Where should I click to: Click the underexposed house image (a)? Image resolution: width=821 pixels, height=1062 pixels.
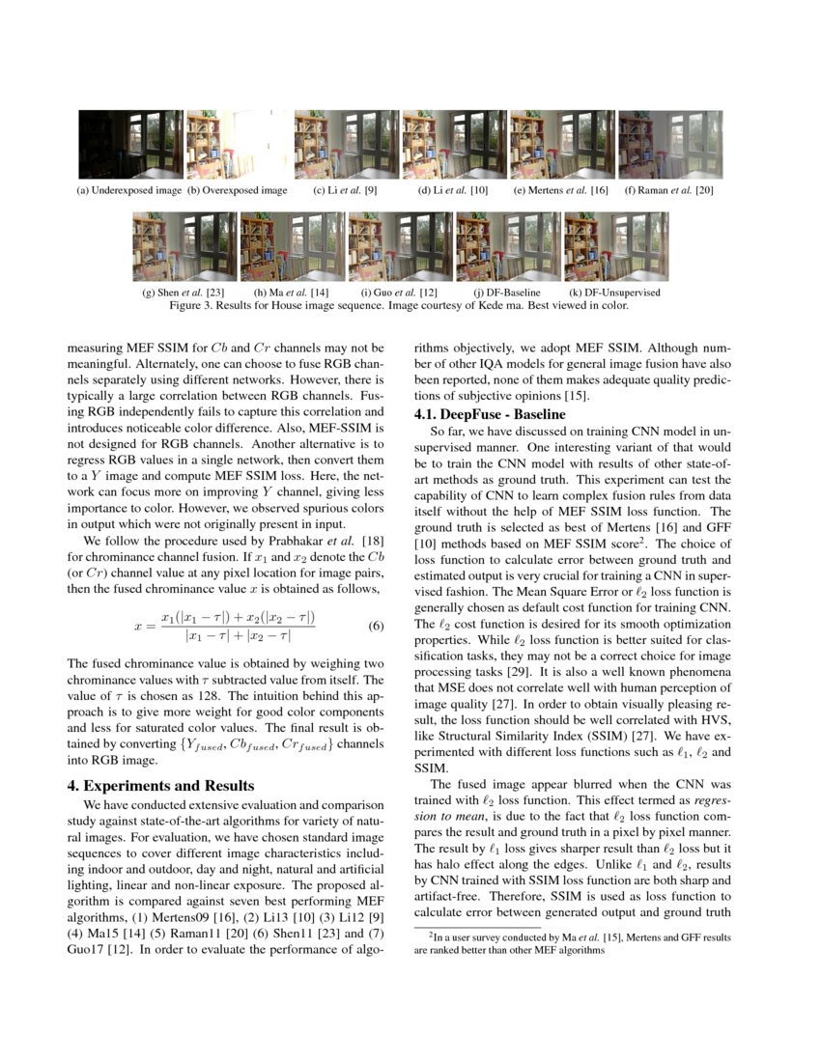coord(130,144)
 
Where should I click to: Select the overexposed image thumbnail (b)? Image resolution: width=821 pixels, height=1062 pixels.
coord(238,144)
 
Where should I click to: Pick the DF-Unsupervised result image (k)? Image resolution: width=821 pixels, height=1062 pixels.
coord(616,246)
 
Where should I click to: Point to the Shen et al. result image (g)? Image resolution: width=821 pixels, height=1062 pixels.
coord(184,246)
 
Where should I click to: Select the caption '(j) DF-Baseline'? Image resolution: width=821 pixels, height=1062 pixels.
coord(507,292)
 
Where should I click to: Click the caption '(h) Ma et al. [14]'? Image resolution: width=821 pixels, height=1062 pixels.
coord(292,292)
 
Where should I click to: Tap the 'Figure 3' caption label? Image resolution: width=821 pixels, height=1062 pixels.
coord(195,305)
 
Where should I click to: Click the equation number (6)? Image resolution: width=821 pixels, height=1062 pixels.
coord(377,626)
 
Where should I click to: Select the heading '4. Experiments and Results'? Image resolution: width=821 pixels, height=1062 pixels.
coord(160,785)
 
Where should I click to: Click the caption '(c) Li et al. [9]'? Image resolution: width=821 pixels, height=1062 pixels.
coord(345,190)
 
